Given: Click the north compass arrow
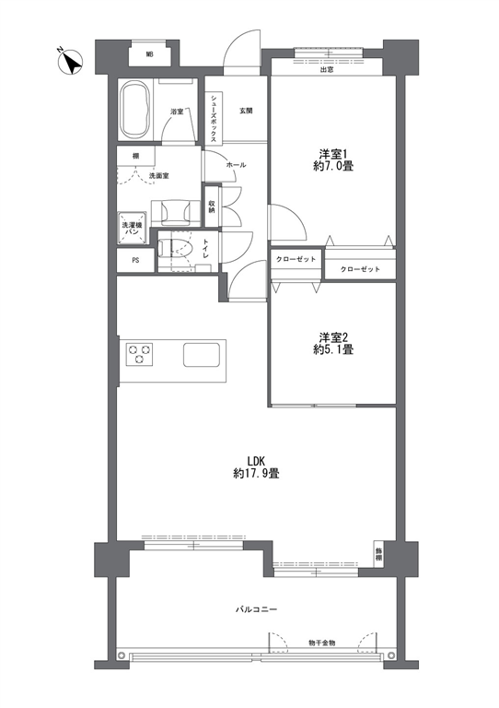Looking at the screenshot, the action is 72,63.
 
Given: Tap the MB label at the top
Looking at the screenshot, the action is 149,55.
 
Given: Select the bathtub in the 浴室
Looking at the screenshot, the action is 135,109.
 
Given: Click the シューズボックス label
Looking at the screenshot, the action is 214,117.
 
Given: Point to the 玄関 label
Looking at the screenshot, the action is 246,111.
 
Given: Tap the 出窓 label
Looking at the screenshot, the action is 326,70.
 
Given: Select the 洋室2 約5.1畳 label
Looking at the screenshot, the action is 333,343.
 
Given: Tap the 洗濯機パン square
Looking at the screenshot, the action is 132,228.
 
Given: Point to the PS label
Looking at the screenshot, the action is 135,261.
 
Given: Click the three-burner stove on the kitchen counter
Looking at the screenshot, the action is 139,354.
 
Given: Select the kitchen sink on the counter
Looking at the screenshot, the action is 202,354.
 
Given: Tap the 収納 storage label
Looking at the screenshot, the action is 212,206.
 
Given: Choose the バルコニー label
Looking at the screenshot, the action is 256,609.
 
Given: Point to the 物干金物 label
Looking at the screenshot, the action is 322,643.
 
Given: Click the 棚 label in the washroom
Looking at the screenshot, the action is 135,157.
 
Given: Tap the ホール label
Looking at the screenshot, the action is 236,165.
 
